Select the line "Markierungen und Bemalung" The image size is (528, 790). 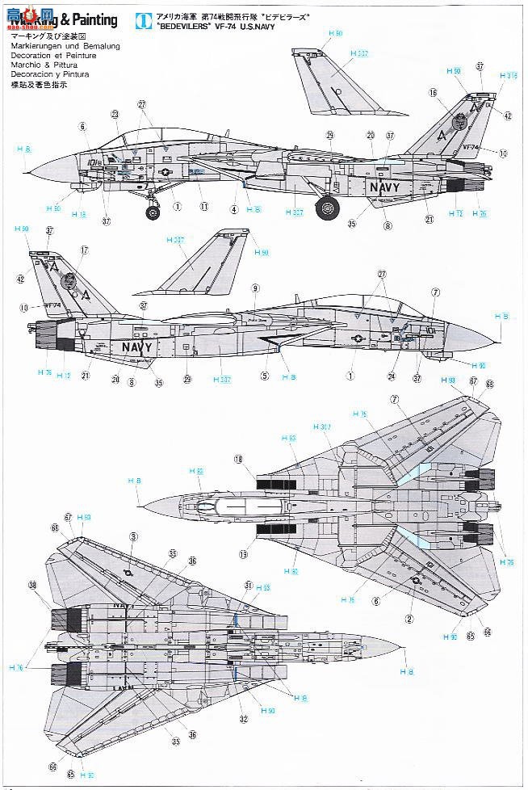click(x=65, y=47)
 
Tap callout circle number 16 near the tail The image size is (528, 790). click(x=434, y=94)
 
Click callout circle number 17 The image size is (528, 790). click(x=84, y=250)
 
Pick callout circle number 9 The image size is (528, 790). click(x=255, y=288)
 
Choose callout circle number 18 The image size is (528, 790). click(x=239, y=459)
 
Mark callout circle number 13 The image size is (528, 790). click(x=243, y=555)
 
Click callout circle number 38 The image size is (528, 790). click(x=32, y=585)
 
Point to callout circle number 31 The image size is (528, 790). click(x=249, y=585)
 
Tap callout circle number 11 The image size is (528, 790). click(x=204, y=207)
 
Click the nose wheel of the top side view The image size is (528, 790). click(x=153, y=212)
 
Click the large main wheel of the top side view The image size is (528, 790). click(x=327, y=208)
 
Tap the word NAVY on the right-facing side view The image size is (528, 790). click(x=386, y=186)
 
